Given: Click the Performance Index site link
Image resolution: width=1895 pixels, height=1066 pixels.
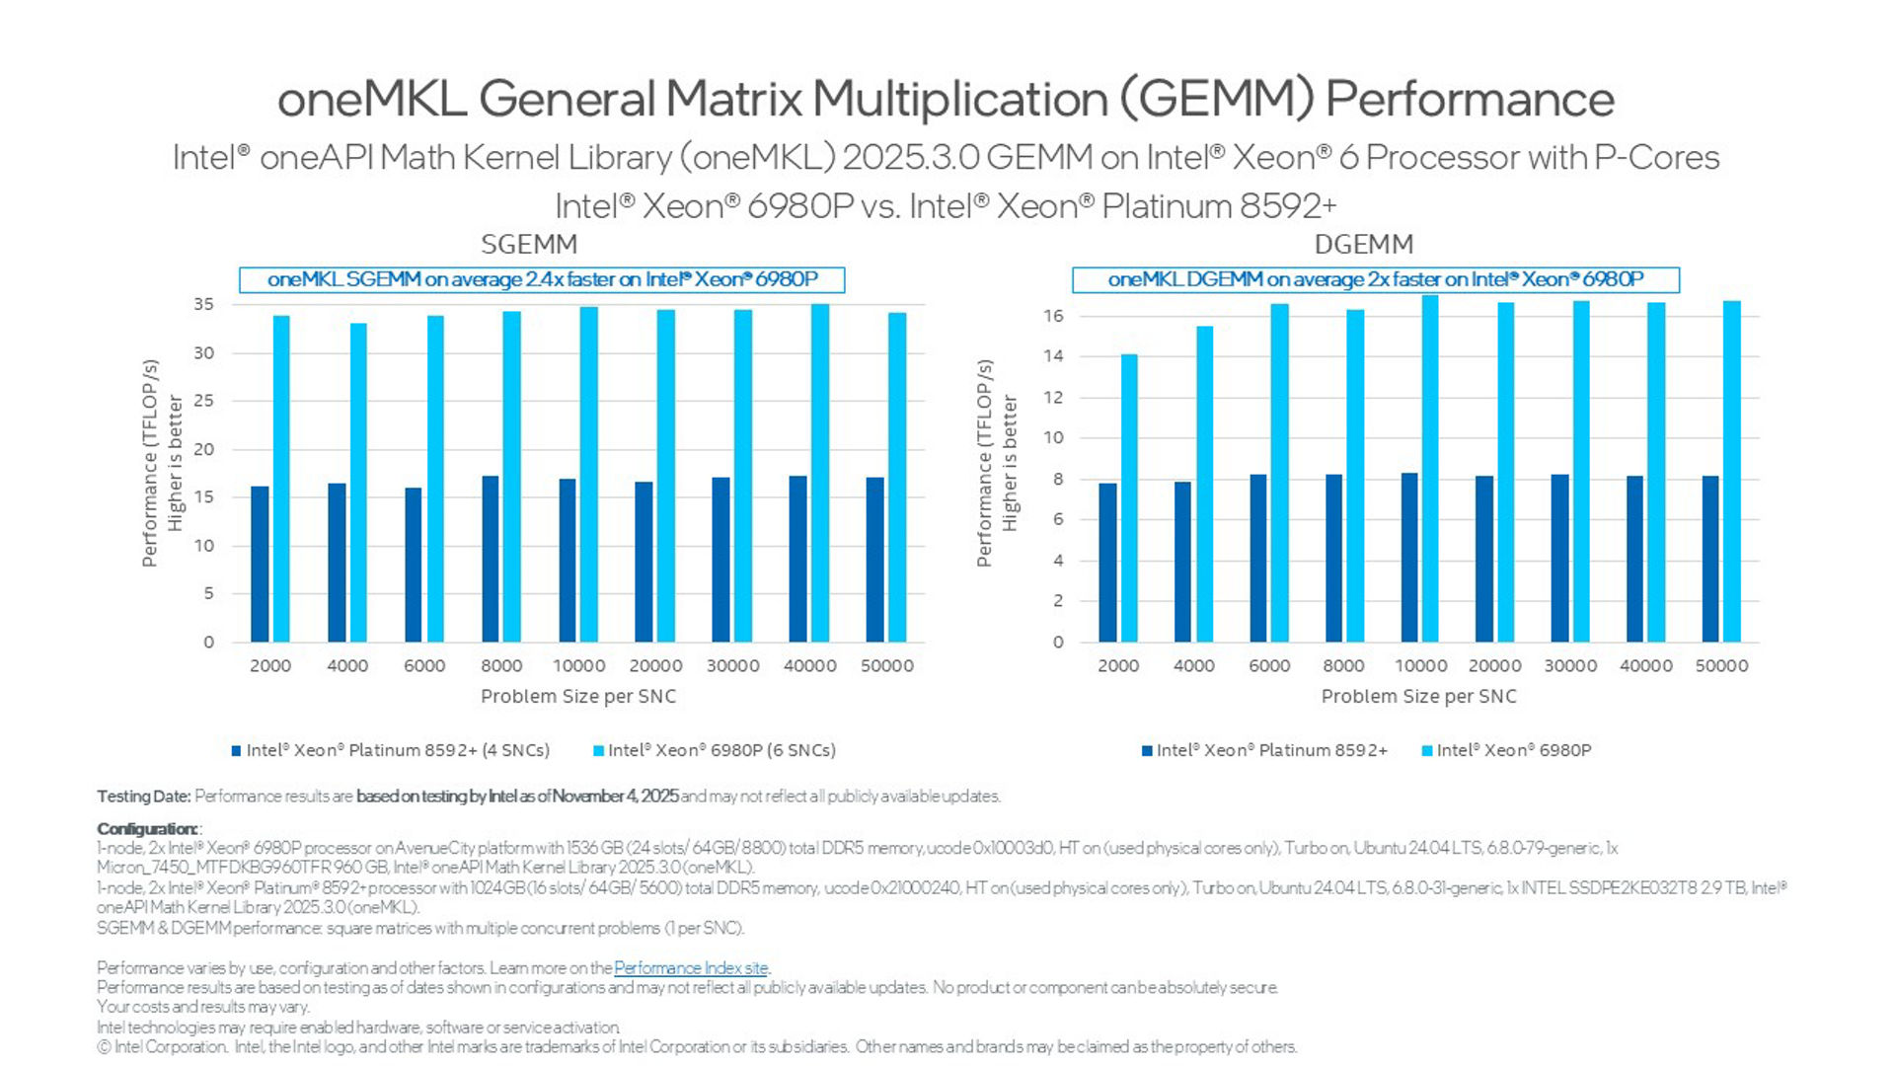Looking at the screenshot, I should pyautogui.click(x=691, y=968).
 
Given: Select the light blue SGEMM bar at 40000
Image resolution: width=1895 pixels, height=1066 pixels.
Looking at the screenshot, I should pyautogui.click(x=820, y=474).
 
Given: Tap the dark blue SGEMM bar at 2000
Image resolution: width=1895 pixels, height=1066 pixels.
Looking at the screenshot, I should pyautogui.click(x=260, y=565).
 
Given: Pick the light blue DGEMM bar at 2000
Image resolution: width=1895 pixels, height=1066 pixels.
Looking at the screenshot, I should pyautogui.click(x=1129, y=498).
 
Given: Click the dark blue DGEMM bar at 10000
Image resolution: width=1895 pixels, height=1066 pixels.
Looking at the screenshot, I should pyautogui.click(x=1409, y=558).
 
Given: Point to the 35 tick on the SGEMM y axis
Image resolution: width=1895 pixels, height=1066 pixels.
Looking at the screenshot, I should pyautogui.click(x=203, y=305).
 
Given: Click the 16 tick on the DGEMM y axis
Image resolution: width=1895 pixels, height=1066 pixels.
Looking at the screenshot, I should pyautogui.click(x=1053, y=316).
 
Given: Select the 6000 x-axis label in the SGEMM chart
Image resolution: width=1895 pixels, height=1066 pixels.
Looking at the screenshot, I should pyautogui.click(x=424, y=666).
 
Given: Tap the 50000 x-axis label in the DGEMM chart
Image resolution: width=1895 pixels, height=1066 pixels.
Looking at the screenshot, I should pyautogui.click(x=1721, y=666).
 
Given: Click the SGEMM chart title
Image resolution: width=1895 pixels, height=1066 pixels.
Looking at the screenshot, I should pyautogui.click(x=529, y=244).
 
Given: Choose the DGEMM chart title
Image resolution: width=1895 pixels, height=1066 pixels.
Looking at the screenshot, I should pyautogui.click(x=1364, y=244).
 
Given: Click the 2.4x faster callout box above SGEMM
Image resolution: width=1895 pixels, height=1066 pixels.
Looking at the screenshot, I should pyautogui.click(x=542, y=279).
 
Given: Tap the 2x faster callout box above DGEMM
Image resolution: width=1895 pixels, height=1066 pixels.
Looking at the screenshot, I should pyautogui.click(x=1376, y=279).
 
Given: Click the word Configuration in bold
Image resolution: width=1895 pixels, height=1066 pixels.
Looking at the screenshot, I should pyautogui.click(x=147, y=829).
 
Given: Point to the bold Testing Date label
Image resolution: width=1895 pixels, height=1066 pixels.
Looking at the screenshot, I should pyautogui.click(x=143, y=797).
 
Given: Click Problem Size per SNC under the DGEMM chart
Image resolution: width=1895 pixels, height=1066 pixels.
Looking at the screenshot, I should pyautogui.click(x=1418, y=696).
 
